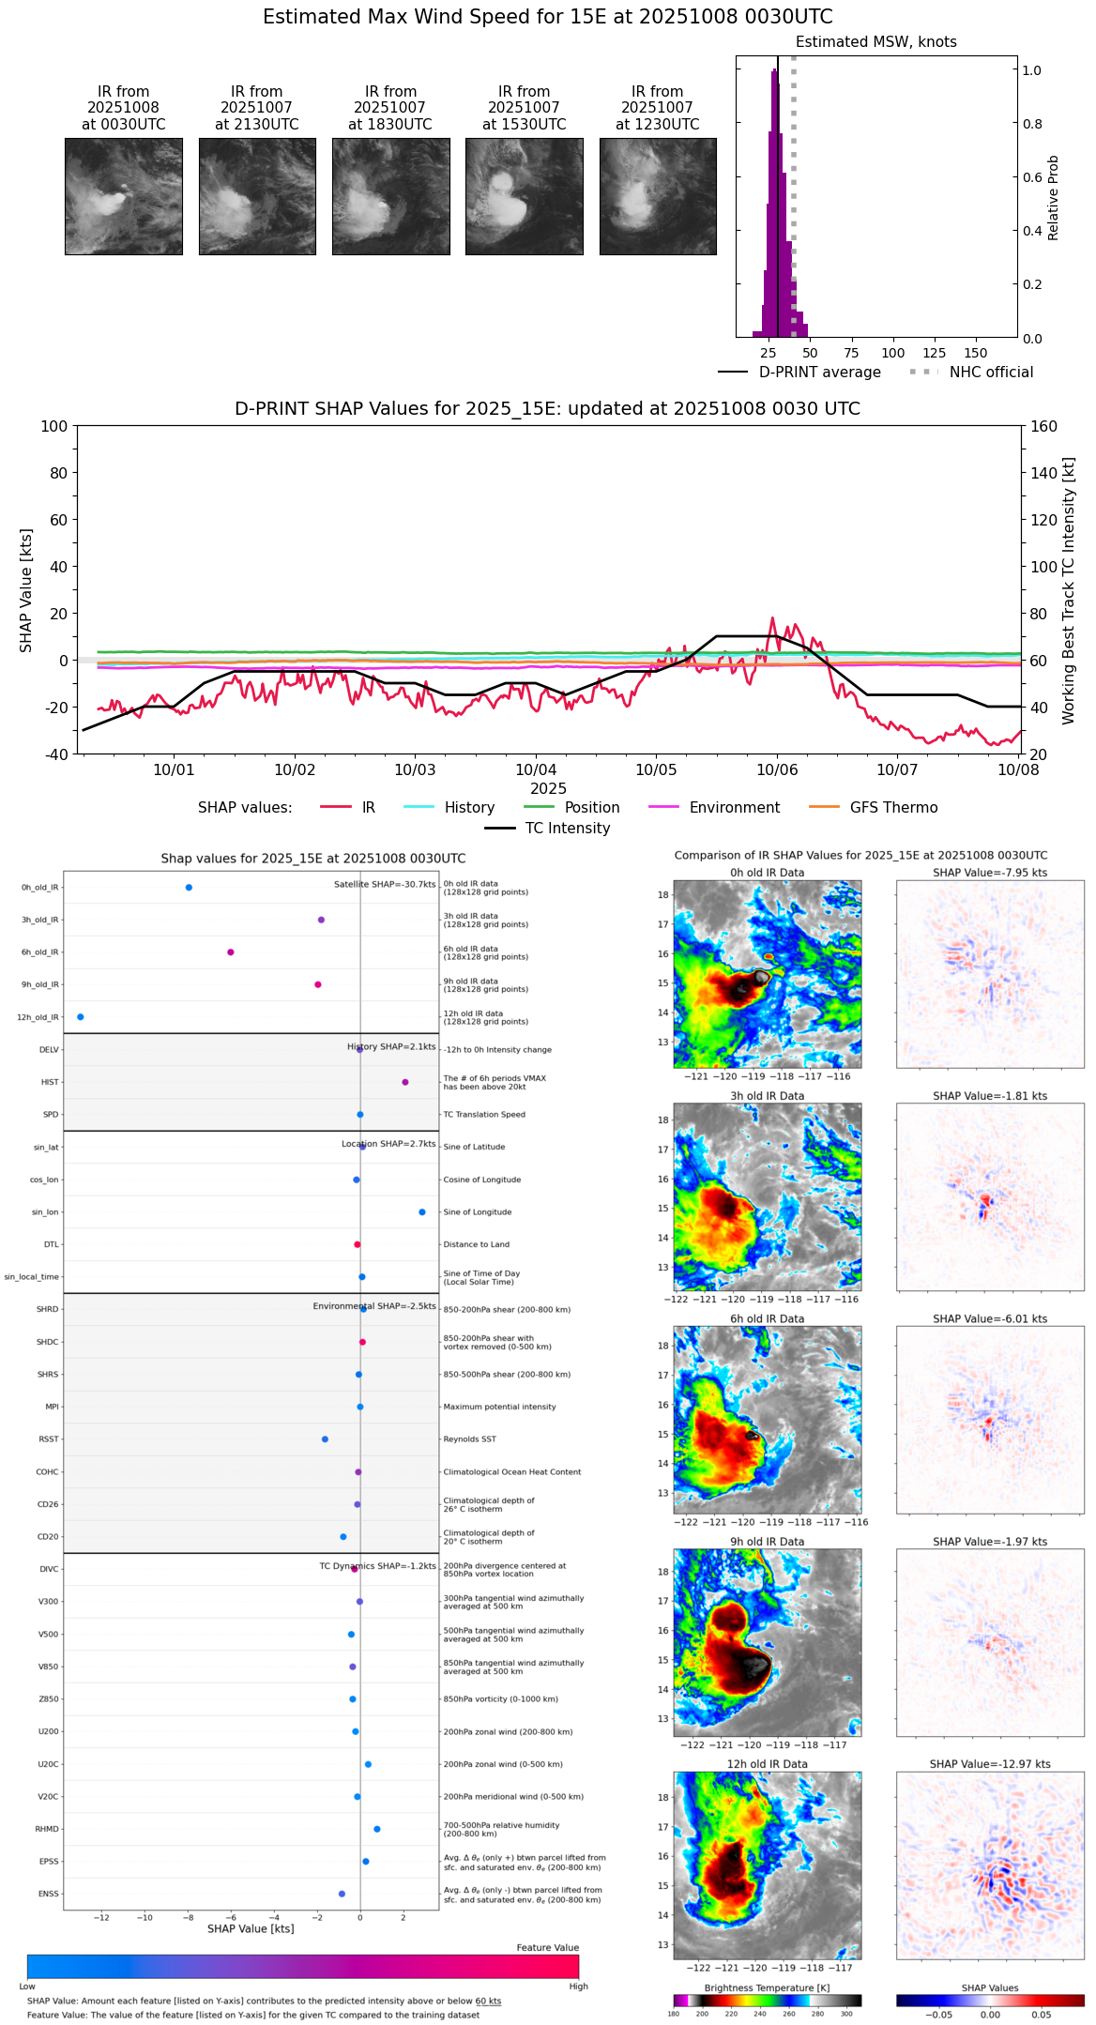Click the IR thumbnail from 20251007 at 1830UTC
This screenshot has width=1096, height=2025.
(x=390, y=196)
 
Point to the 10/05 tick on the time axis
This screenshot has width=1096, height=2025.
(x=656, y=769)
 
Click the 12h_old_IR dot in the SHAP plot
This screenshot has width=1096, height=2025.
(x=80, y=1017)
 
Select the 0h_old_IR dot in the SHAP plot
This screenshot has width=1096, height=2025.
(x=189, y=888)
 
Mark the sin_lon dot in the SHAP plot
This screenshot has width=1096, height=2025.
(x=422, y=1212)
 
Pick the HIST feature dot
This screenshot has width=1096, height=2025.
(x=405, y=1082)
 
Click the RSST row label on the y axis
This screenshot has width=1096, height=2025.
(x=49, y=1439)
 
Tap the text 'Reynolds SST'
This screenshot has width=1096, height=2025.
(x=470, y=1439)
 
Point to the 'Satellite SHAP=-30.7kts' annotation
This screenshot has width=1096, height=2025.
(x=385, y=885)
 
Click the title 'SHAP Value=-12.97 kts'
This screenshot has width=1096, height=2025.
(x=990, y=1764)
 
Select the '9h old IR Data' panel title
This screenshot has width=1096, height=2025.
(x=767, y=1542)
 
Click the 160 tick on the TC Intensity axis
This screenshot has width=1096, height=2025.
(x=1044, y=426)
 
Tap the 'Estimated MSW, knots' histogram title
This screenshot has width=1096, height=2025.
(x=875, y=42)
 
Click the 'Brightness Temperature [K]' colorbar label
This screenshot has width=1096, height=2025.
(x=767, y=1988)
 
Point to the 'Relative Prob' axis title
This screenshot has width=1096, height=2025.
(x=1053, y=198)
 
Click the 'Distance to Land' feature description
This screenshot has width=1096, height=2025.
(x=477, y=1245)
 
